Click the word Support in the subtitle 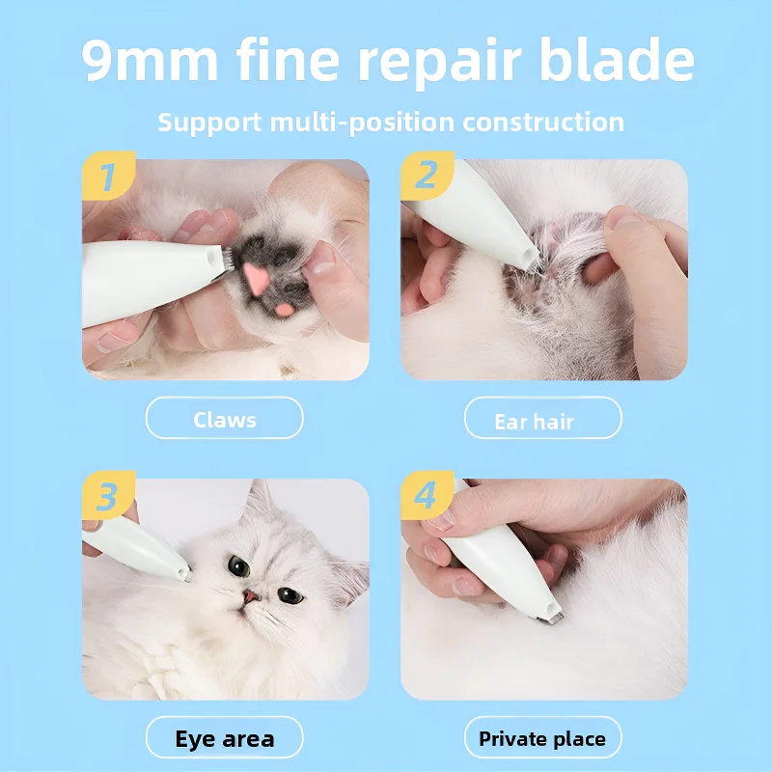209,123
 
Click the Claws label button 225,419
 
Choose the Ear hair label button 543,419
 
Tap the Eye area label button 225,739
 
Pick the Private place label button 543,739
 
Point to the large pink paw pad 255,278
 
